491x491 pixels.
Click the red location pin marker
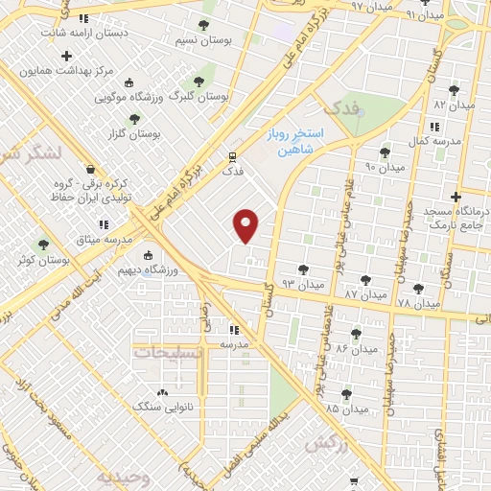pyautogui.click(x=246, y=225)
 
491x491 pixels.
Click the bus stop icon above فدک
pyautogui.click(x=233, y=156)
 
